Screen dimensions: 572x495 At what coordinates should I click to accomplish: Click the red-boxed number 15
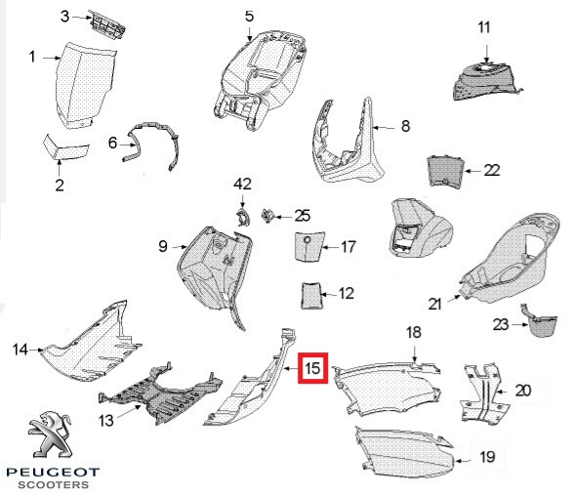pos(313,368)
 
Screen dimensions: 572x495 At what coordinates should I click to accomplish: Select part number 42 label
pos(242,184)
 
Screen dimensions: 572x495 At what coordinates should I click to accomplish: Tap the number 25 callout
pos(303,216)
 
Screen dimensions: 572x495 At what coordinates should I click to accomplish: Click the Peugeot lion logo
pos(50,434)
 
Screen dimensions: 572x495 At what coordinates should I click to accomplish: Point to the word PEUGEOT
pos(53,473)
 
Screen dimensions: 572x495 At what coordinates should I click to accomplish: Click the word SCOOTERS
pos(54,485)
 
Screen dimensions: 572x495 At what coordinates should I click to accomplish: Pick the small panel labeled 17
pos(308,246)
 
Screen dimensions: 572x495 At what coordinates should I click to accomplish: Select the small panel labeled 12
pos(310,296)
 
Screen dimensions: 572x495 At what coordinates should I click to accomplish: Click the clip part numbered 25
pos(267,216)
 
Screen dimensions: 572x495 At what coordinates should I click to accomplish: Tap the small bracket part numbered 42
pos(242,218)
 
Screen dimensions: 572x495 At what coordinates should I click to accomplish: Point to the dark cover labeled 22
pos(446,170)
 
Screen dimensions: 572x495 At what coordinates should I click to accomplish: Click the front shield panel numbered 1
pos(85,86)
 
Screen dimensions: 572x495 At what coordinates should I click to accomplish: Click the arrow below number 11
pos(487,54)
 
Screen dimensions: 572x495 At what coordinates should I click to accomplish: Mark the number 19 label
pos(487,456)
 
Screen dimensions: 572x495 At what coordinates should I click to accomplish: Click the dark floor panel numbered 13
pos(160,396)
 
